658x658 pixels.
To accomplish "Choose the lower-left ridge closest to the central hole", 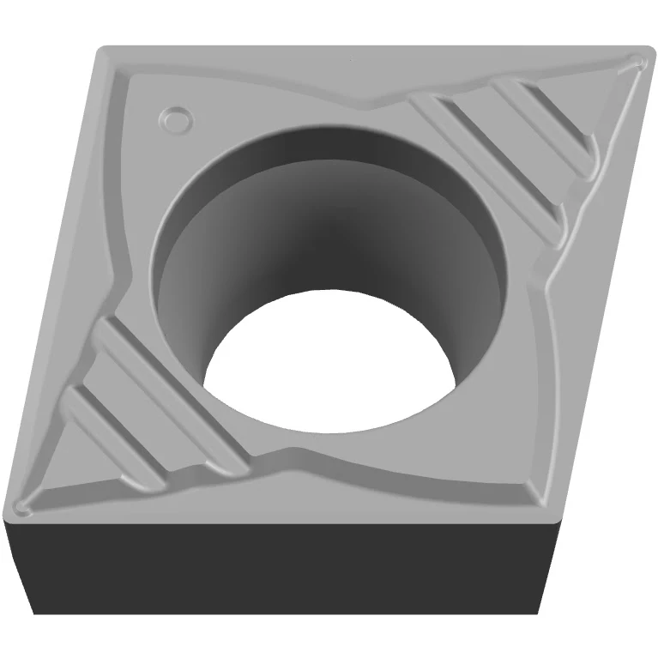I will pyautogui.click(x=163, y=377).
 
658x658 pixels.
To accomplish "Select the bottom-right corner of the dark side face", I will pyautogui.click(x=538, y=613).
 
